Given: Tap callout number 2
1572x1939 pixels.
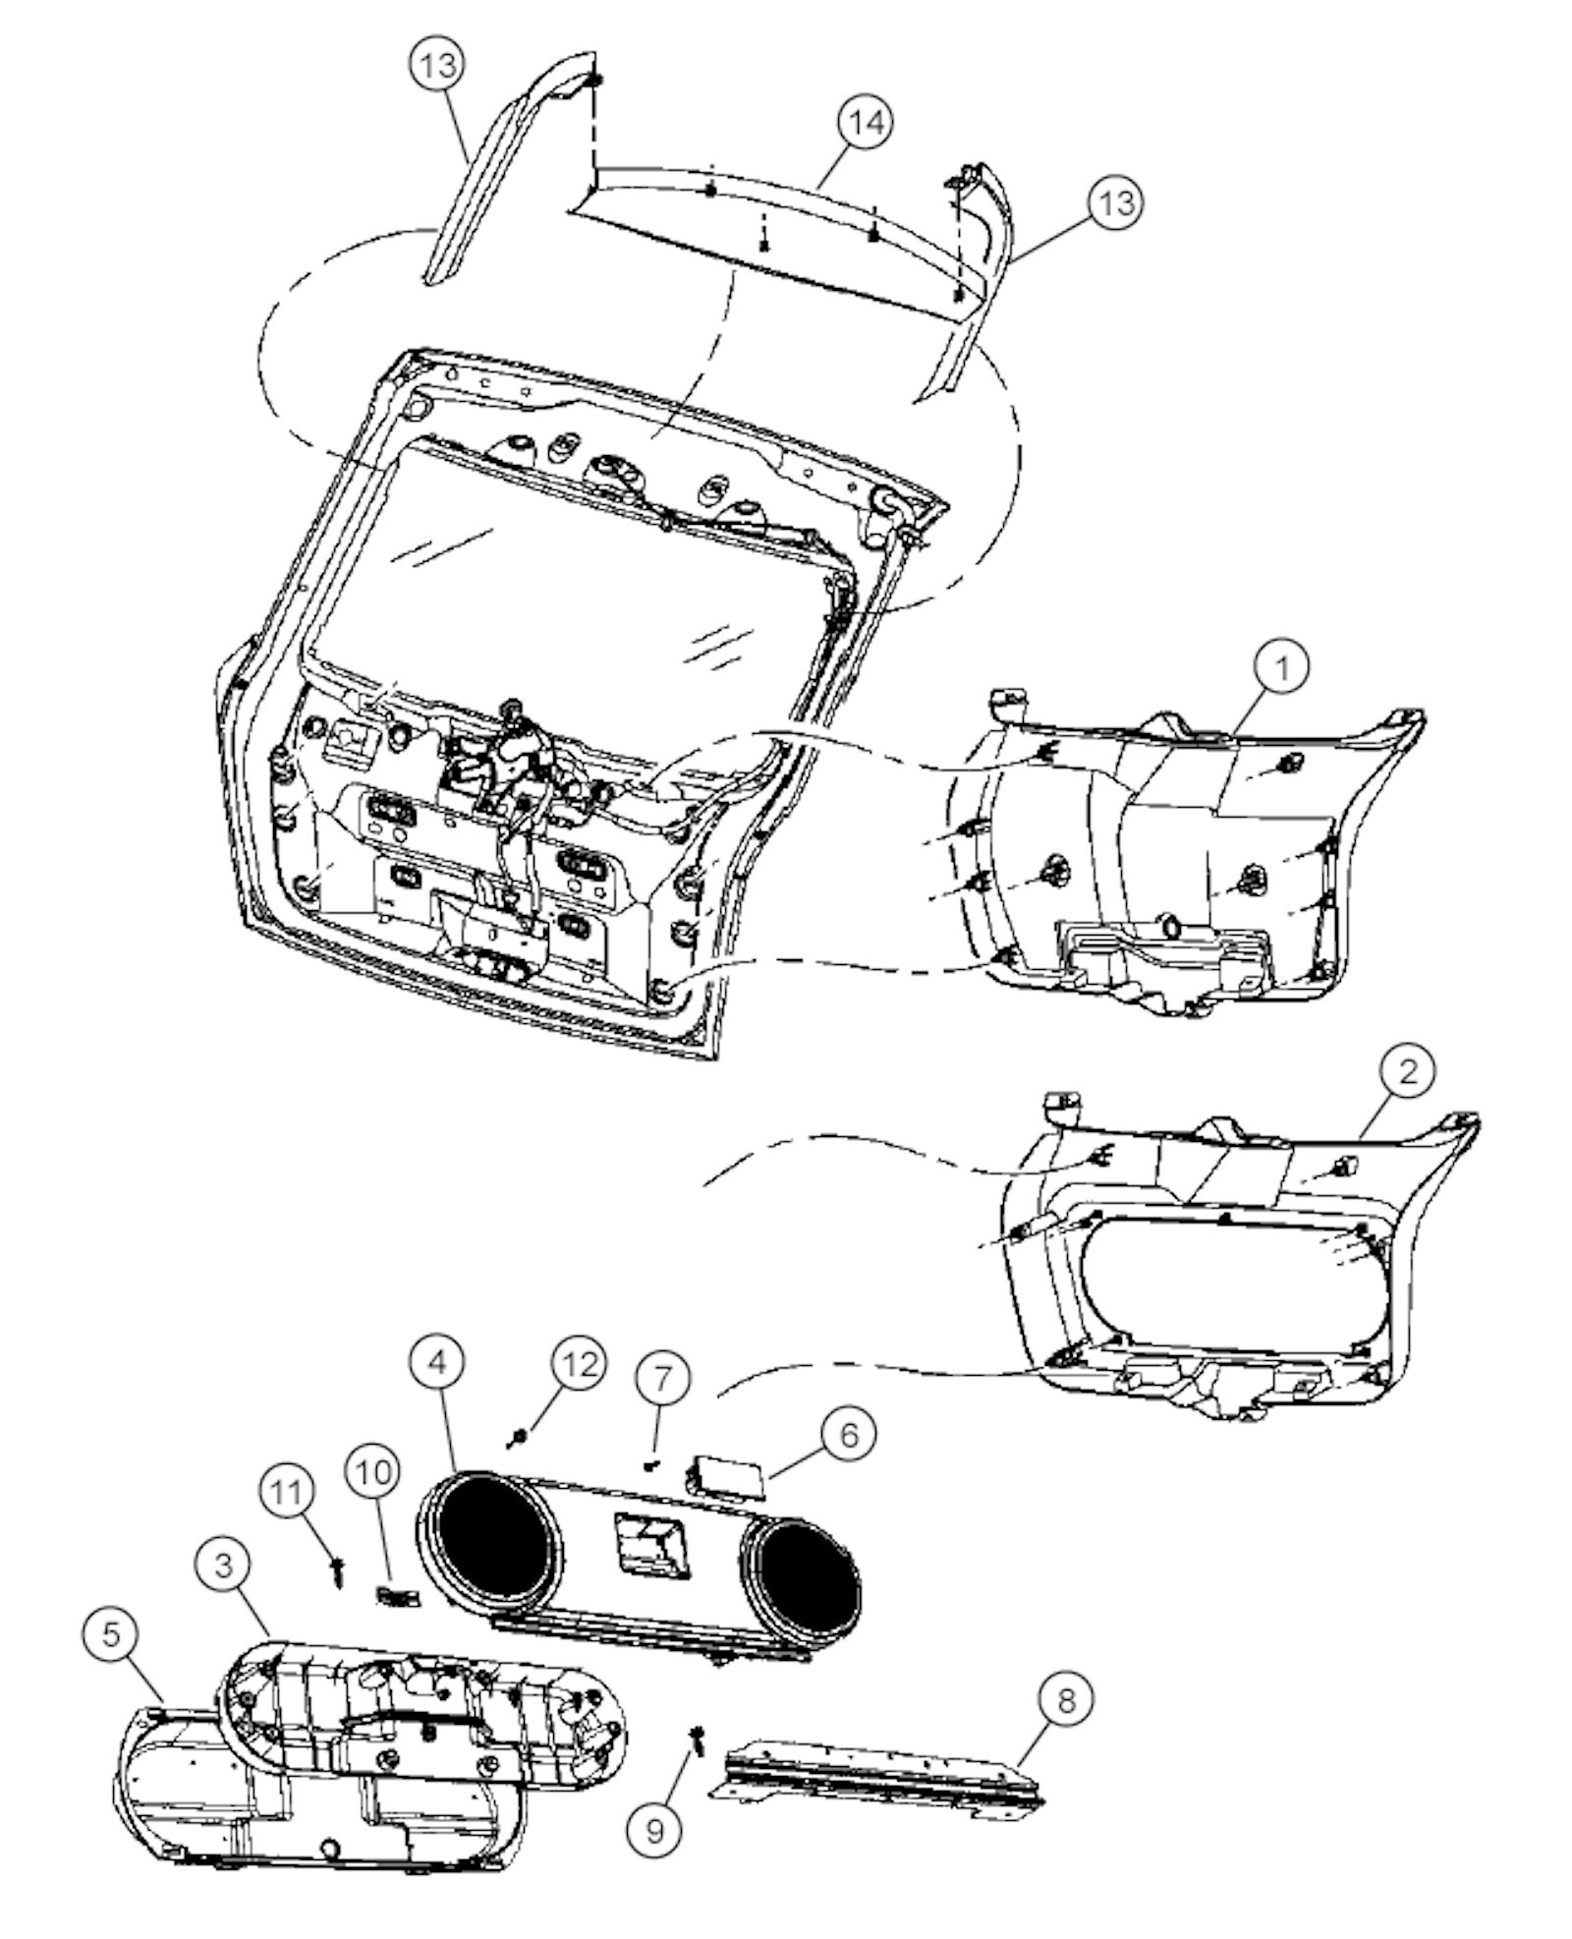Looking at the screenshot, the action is pos(1408,1070).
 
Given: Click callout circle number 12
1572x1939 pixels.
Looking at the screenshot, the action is pos(578,1364).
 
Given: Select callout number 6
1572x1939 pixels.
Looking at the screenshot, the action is pos(847,1434).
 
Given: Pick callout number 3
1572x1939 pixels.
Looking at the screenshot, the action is pos(224,1564).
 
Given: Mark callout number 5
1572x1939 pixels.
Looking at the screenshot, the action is pos(111,1632).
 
